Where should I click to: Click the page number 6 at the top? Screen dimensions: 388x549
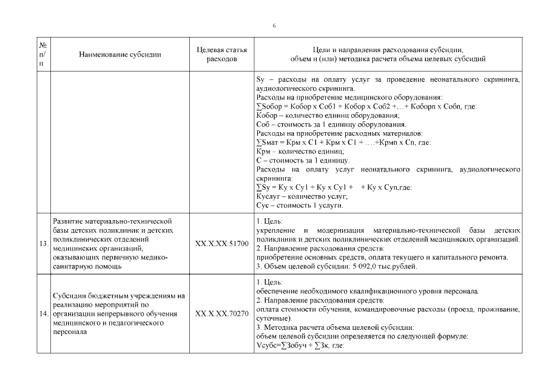coord(274,25)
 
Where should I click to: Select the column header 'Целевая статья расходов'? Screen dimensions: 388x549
coord(222,54)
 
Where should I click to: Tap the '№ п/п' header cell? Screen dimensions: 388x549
coord(44,54)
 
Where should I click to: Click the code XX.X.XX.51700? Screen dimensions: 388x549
coord(222,244)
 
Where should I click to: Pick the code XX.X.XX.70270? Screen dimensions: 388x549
coord(222,314)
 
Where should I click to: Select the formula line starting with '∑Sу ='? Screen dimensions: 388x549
coord(334,187)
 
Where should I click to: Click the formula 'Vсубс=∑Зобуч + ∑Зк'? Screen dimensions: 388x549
coord(300,346)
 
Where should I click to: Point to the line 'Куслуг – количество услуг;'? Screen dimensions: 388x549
coord(301,196)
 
